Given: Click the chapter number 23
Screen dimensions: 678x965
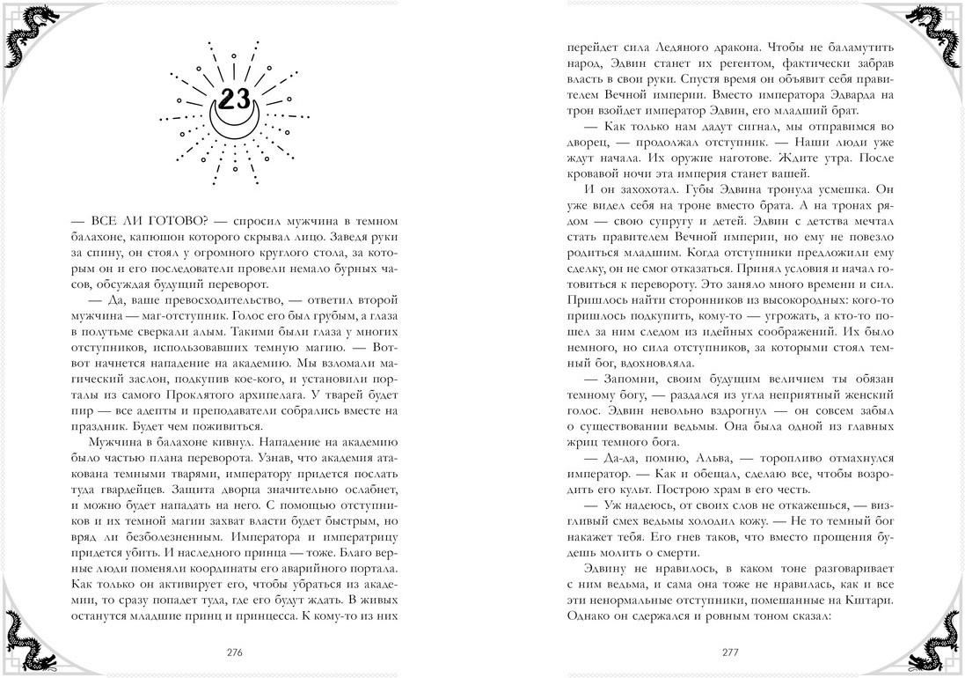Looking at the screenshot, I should click(x=234, y=99).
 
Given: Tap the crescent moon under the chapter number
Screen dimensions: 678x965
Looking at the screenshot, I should click(x=234, y=122).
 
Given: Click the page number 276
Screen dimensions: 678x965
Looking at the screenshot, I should click(x=233, y=652).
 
